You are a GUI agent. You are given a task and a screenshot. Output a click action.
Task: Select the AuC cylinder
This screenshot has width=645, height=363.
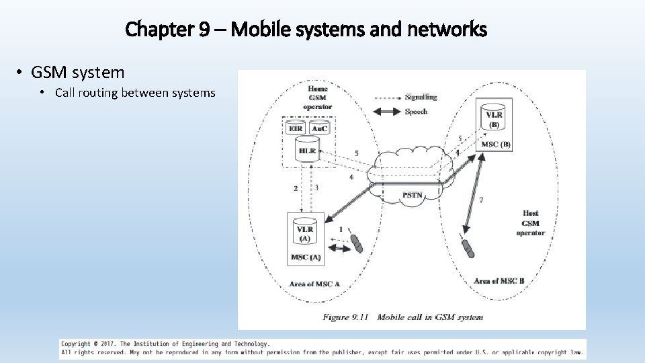click(x=318, y=128)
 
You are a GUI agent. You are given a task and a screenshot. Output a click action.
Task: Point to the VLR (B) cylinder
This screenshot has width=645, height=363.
click(x=494, y=118)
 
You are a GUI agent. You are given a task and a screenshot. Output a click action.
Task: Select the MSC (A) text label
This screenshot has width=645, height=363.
click(x=305, y=257)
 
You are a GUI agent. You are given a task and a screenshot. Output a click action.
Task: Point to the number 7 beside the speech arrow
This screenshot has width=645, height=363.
click(x=480, y=200)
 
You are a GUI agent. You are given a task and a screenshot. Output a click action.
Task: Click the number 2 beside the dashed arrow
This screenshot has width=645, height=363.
click(x=296, y=189)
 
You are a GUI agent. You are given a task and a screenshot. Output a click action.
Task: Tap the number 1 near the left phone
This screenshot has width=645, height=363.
click(x=341, y=230)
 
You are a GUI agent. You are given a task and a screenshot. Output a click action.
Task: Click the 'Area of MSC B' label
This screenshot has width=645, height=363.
click(x=499, y=281)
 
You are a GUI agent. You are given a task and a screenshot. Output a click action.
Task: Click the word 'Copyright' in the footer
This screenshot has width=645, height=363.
click(x=76, y=344)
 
